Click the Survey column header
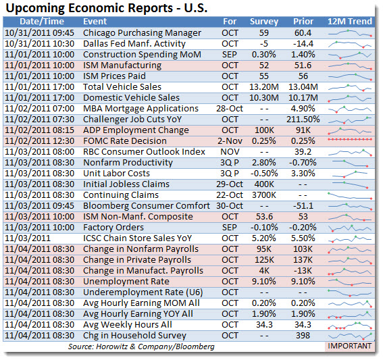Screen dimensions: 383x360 click(x=264, y=22)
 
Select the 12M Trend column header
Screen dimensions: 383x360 click(x=350, y=21)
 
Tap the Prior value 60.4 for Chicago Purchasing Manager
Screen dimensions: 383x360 click(x=303, y=32)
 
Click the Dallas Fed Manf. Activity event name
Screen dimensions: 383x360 click(x=134, y=43)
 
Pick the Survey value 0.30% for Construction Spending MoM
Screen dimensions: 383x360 click(x=264, y=54)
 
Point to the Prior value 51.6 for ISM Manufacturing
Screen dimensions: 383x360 click(x=303, y=66)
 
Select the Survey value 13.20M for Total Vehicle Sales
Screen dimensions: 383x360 click(x=264, y=86)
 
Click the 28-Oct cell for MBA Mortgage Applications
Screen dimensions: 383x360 click(x=230, y=108)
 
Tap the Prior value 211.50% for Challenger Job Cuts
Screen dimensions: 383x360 click(x=303, y=119)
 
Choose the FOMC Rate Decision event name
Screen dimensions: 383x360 click(x=125, y=140)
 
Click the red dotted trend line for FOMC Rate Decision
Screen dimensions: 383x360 click(x=350, y=139)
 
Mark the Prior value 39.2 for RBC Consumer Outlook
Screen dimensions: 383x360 click(x=303, y=152)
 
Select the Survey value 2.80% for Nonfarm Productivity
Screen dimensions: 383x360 click(x=264, y=162)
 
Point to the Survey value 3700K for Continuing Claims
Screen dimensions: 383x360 click(x=264, y=195)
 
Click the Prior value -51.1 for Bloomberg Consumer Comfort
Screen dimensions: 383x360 click(x=303, y=205)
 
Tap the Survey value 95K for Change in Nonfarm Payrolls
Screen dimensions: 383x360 click(x=264, y=249)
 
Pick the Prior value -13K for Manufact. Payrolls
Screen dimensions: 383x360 click(x=303, y=270)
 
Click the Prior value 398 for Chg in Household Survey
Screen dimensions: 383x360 click(x=303, y=335)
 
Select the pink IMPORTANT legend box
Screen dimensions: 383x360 click(x=350, y=346)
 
